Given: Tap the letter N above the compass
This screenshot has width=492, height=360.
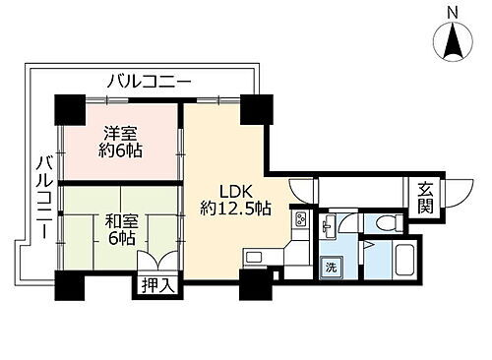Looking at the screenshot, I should [x=452, y=11].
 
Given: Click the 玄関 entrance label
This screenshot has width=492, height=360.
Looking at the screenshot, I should [x=425, y=198].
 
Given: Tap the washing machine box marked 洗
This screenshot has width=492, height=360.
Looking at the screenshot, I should [x=333, y=268].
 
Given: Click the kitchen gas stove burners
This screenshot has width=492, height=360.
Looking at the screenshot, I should [x=299, y=220].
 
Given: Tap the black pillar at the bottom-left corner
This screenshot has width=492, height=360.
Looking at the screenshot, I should [x=68, y=285].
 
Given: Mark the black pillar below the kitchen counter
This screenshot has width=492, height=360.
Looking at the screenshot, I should [x=254, y=286].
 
